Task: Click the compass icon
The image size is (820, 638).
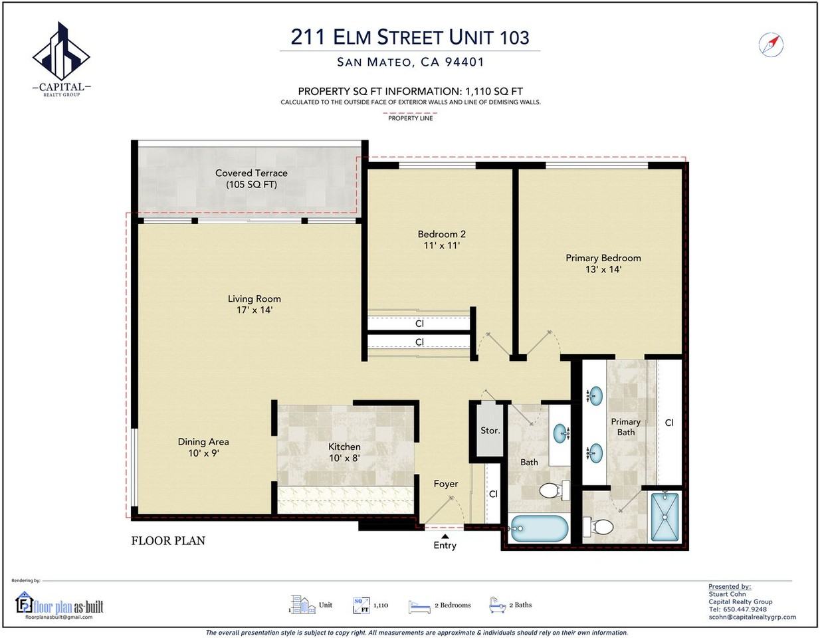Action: (771, 45)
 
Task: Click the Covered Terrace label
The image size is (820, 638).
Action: (251, 173)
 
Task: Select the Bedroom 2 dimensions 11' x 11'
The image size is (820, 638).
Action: (441, 246)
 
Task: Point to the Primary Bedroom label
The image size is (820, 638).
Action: (603, 258)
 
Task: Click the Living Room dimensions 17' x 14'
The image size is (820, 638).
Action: (255, 310)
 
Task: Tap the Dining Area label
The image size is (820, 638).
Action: (203, 441)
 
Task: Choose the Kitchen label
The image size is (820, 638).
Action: (344, 447)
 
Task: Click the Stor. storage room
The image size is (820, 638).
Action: (490, 431)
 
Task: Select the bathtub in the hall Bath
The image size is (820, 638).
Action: (538, 528)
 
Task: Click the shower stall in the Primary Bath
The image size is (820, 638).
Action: (665, 516)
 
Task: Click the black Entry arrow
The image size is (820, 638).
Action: (445, 536)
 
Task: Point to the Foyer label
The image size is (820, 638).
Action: (446, 484)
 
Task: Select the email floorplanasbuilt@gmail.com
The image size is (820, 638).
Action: (59, 617)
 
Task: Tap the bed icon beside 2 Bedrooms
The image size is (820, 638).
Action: (419, 607)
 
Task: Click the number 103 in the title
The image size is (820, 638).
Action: (514, 37)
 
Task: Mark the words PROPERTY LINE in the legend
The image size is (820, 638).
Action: (410, 118)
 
